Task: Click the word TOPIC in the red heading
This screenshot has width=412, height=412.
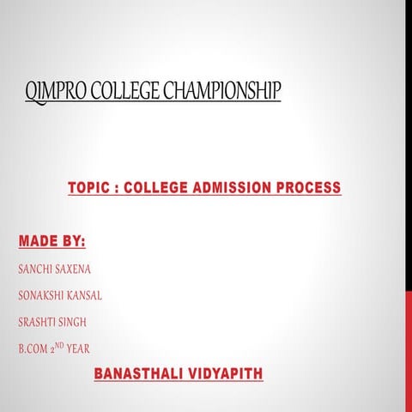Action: (88, 188)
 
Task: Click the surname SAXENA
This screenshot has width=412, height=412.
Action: (75, 270)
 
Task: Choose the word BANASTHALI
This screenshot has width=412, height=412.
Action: (137, 374)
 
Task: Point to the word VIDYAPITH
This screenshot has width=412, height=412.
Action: (223, 374)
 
